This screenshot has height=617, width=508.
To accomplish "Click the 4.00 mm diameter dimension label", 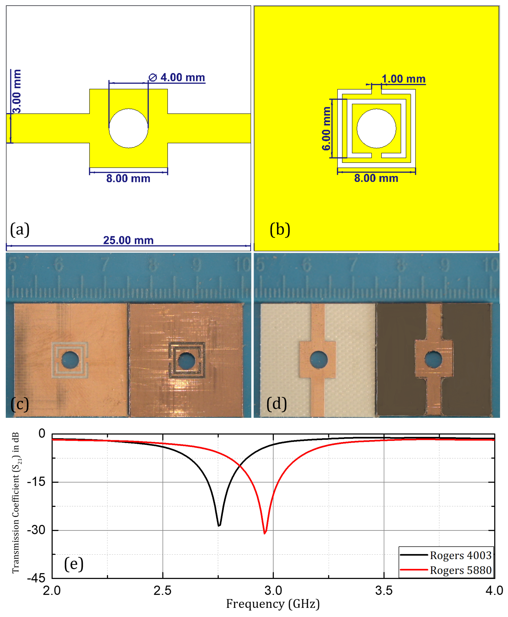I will (x=177, y=78).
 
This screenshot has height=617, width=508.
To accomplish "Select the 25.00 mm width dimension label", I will (x=128, y=240).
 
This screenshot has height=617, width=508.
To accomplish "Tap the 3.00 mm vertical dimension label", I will (x=17, y=91).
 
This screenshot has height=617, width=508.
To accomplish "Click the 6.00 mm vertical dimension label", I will (x=326, y=128).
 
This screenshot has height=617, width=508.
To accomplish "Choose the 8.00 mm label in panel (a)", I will (x=128, y=178).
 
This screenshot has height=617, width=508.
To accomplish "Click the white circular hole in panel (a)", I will (x=128, y=128).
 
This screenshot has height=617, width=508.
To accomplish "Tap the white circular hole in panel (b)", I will (x=376, y=128).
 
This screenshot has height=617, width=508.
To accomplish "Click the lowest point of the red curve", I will (x=265, y=533).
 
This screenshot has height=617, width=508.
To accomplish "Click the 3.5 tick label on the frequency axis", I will (x=384, y=591).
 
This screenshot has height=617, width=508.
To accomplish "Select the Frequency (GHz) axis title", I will (x=273, y=604).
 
